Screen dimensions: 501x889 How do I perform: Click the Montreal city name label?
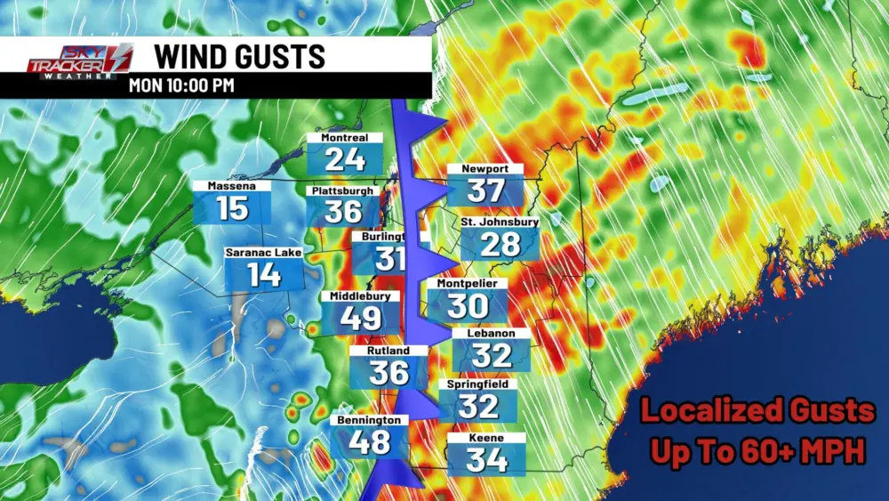tap(344, 138)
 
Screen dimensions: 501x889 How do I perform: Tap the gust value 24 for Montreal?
tap(344, 159)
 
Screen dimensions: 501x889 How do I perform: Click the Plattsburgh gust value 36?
tap(343, 212)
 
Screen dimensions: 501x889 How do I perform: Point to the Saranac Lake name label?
tap(263, 253)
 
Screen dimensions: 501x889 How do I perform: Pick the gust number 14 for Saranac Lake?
tap(263, 275)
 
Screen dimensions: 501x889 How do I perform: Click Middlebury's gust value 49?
tap(361, 318)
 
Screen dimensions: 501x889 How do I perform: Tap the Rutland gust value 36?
tap(388, 372)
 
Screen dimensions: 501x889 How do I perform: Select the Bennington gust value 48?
tap(369, 440)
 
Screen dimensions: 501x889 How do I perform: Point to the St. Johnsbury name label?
tap(500, 222)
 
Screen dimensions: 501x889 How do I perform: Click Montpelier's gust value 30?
tap(468, 306)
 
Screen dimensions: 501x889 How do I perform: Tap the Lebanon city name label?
tap(492, 334)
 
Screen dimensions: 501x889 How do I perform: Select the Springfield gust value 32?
tap(479, 407)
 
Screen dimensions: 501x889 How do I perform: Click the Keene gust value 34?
tap(486, 460)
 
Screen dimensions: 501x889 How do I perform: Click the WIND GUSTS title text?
tap(240, 55)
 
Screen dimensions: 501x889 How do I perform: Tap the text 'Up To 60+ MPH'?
tap(757, 450)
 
